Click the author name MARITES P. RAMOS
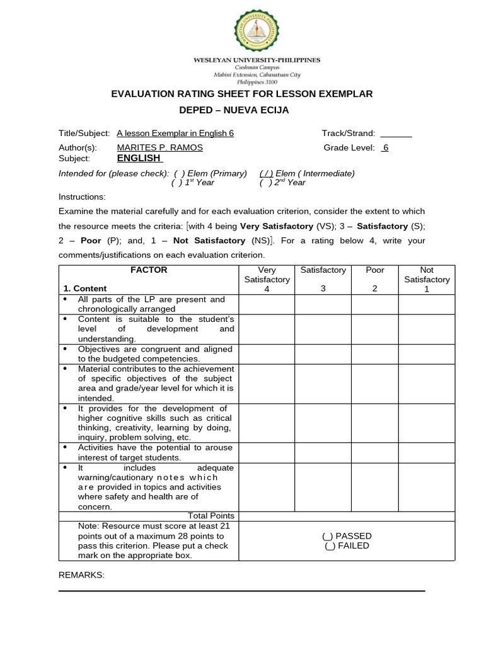(x=159, y=147)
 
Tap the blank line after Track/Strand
(x=396, y=134)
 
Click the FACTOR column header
(x=149, y=270)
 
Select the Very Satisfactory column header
(x=267, y=279)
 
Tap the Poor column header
(x=375, y=270)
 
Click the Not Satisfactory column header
(x=427, y=279)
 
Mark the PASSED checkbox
(x=328, y=536)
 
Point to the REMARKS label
(x=81, y=574)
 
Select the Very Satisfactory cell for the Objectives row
(x=267, y=353)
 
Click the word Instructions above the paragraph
(x=82, y=197)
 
